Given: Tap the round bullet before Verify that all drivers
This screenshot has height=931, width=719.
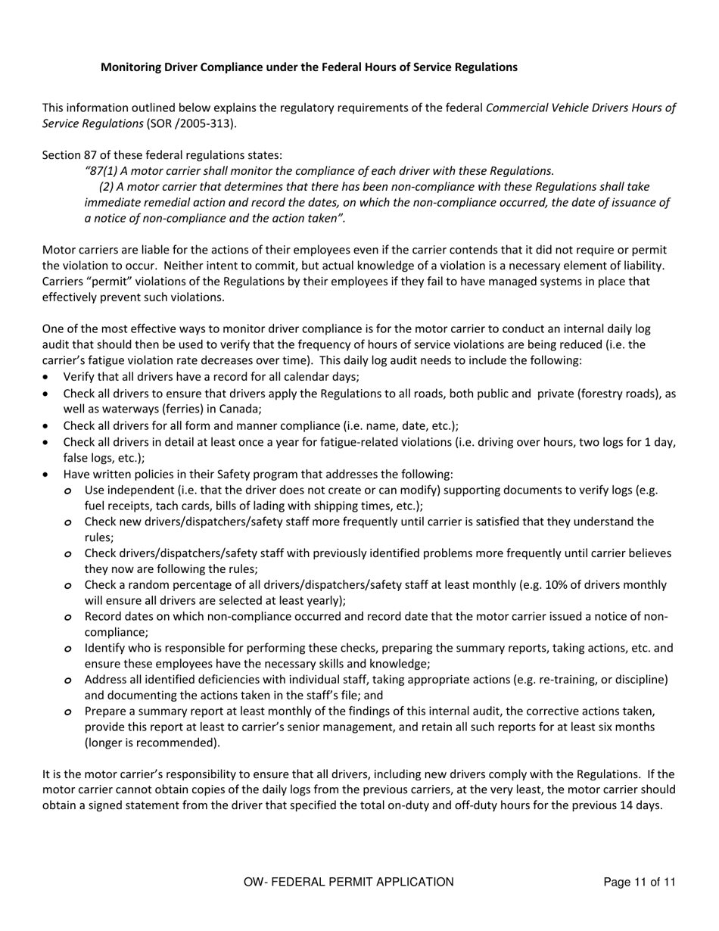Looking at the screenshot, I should click(x=48, y=377).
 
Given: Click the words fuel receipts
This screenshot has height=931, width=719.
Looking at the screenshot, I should click(x=112, y=506).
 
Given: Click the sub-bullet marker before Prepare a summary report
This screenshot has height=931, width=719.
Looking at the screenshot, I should click(x=69, y=712).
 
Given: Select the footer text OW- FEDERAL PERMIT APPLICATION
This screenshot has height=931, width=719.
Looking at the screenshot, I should click(x=349, y=882).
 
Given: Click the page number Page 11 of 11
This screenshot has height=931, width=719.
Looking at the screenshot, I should click(x=639, y=882).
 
